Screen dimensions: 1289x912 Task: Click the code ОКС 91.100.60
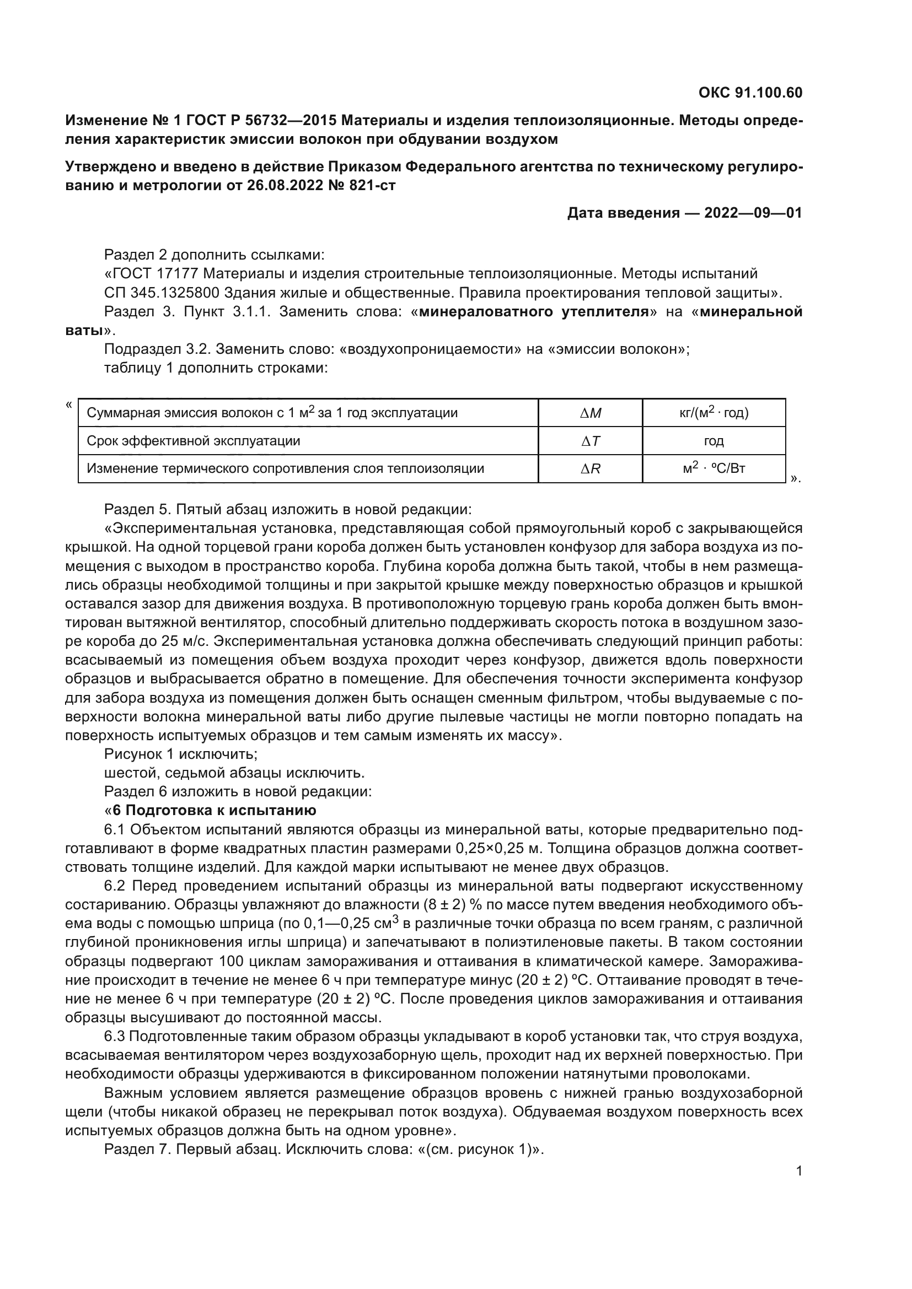click(750, 93)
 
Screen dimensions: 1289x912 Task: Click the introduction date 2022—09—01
click(753, 213)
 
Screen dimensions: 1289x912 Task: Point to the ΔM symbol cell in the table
click(590, 413)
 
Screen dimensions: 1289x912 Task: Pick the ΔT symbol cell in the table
click(590, 441)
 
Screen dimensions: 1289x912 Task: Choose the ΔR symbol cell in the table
click(590, 468)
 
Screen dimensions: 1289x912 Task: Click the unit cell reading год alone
click(713, 441)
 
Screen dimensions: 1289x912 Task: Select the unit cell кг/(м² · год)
click(713, 413)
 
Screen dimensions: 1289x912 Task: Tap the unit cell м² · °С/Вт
click(713, 468)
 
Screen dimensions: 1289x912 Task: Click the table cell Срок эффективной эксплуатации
click(193, 441)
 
